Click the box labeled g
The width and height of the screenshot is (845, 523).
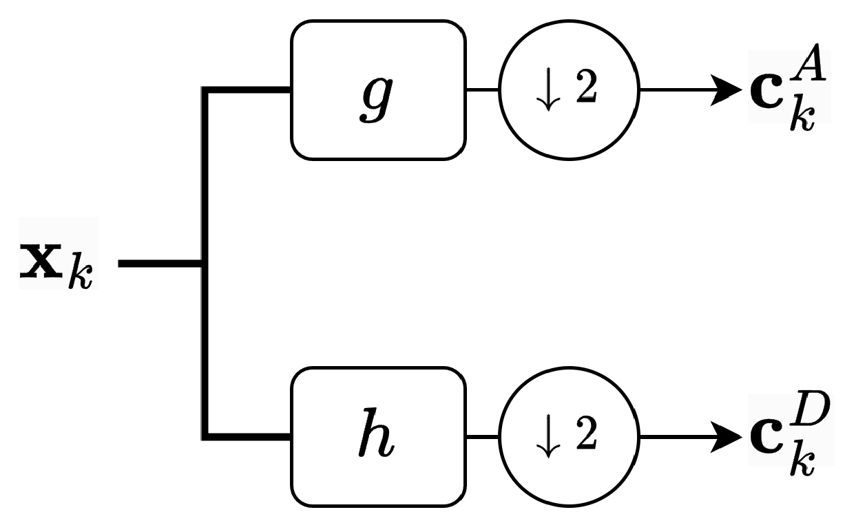(378, 90)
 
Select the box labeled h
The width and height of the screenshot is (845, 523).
(378, 436)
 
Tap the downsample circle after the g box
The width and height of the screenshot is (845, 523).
(569, 90)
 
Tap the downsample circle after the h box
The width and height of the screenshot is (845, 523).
(569, 436)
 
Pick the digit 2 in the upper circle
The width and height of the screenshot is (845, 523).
(587, 90)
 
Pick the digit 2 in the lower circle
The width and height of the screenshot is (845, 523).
(587, 436)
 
